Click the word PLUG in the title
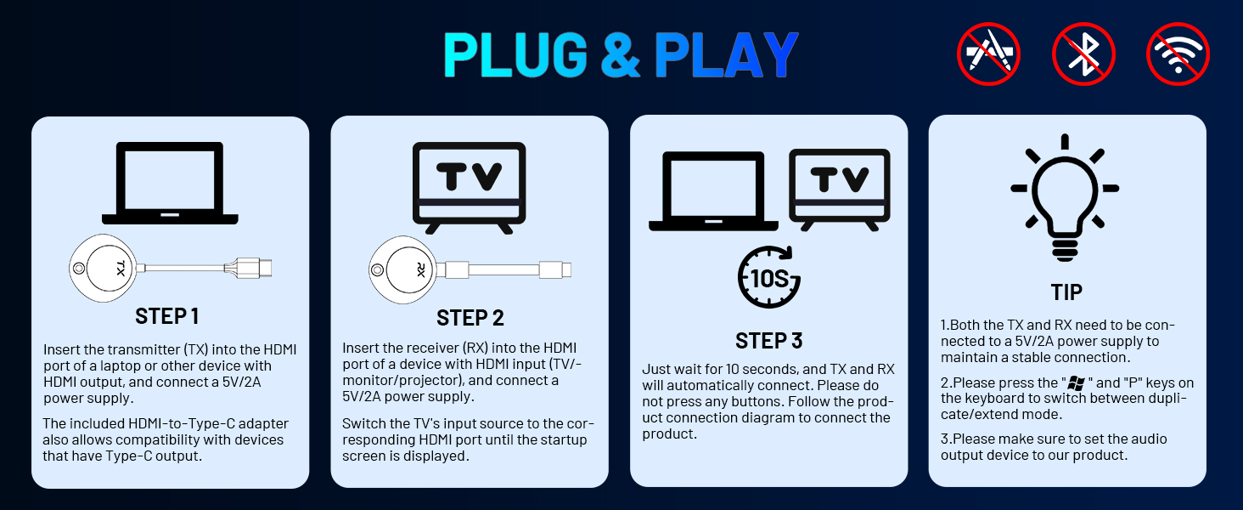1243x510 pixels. tap(515, 56)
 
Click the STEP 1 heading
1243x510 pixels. tap(167, 316)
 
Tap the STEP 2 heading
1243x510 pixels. tap(470, 318)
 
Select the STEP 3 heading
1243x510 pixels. tap(768, 341)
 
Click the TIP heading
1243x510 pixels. tap(1066, 292)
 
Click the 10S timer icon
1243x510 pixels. tap(769, 277)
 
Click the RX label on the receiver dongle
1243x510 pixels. tap(421, 270)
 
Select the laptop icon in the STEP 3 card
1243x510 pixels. tap(713, 191)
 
